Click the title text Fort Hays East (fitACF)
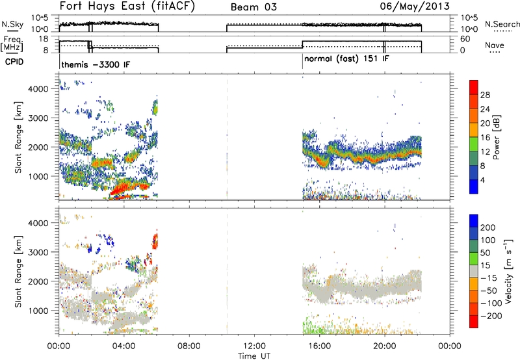127,6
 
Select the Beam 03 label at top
253,7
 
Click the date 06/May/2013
415,6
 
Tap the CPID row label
14,62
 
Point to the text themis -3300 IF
96,64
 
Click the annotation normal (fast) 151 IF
346,59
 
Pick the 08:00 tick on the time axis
189,346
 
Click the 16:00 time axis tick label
319,346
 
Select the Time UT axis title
254,356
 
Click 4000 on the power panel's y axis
39,89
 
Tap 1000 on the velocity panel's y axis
39,311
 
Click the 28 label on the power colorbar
485,95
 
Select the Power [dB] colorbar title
497,137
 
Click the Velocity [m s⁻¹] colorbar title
508,271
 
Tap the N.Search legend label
502,24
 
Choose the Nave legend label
495,45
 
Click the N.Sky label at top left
12,24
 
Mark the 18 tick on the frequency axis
44,39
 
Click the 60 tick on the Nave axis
465,39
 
